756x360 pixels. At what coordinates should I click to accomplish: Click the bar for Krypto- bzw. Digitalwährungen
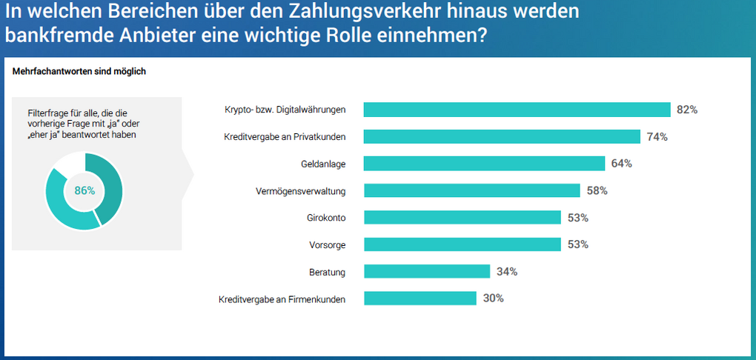[x=517, y=110]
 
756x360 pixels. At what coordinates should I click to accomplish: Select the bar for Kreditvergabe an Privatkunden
[x=502, y=136]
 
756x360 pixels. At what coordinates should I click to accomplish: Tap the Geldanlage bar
[x=484, y=164]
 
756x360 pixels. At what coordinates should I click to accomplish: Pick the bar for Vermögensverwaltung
[x=471, y=190]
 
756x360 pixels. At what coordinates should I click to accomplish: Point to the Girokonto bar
[x=462, y=218]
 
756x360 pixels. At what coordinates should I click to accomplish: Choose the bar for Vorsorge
[x=462, y=244]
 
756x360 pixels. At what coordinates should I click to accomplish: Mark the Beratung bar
[x=427, y=272]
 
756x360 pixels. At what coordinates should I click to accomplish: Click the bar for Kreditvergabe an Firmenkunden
[x=420, y=299]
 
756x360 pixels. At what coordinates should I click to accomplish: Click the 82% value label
[x=687, y=110]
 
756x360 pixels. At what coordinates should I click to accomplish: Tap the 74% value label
[x=657, y=136]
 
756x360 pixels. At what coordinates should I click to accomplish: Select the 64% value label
[x=621, y=164]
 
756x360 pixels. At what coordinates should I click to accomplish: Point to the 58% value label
[x=597, y=190]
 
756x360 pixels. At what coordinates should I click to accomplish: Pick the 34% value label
[x=507, y=272]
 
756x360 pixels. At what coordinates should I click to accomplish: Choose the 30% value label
[x=493, y=299]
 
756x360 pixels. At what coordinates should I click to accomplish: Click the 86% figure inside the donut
[x=84, y=190]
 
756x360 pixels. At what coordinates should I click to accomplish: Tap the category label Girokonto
[x=326, y=218]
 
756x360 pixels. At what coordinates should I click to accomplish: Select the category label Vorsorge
[x=328, y=244]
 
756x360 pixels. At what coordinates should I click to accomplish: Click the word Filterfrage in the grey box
[x=46, y=111]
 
